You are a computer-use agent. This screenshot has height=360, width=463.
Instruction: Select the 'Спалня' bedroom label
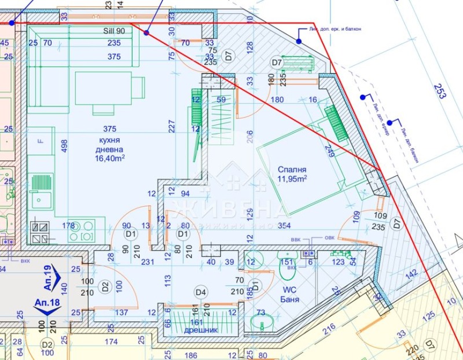291,169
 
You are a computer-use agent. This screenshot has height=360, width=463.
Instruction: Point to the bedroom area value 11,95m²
292,179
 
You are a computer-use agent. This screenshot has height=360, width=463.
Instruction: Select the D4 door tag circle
200,292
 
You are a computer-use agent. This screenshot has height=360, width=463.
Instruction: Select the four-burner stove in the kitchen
81,230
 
